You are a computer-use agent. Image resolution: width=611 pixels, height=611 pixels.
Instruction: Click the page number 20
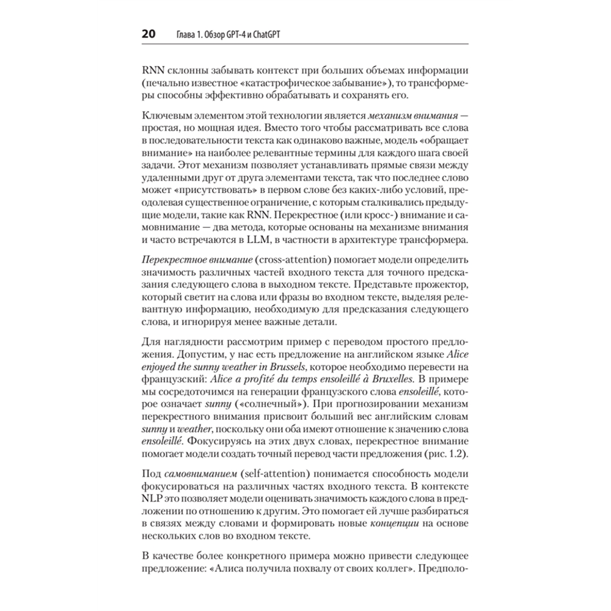149,34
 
